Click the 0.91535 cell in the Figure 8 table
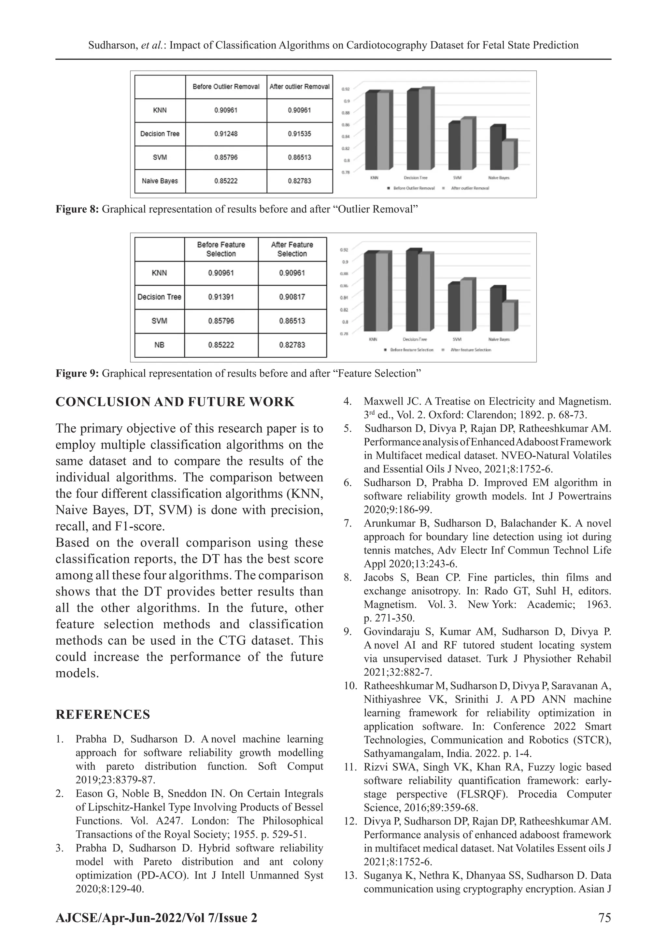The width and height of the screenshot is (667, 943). (299, 134)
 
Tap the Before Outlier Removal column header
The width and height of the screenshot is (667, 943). (226, 87)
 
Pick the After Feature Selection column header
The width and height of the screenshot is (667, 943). (292, 249)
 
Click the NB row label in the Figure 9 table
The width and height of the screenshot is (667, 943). (159, 345)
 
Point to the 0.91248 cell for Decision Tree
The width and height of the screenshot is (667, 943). (226, 134)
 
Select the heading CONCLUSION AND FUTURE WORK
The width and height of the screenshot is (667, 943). (175, 402)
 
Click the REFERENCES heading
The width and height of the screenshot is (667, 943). (103, 715)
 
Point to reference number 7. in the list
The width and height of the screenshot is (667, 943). (348, 523)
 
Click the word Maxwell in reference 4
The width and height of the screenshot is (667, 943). (380, 401)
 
